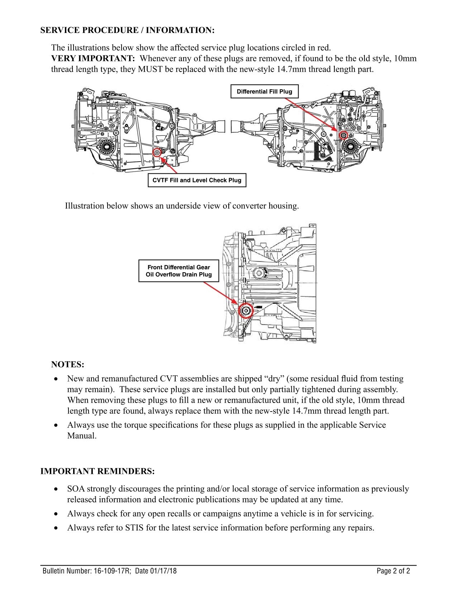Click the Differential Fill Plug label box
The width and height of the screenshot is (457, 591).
coord(264,92)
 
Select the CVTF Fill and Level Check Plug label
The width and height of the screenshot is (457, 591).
coord(197,180)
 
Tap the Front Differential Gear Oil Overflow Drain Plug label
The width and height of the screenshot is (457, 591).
coord(178,271)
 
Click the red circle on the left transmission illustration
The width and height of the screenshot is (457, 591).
coord(157,153)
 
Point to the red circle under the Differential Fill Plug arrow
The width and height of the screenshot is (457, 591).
coord(343,135)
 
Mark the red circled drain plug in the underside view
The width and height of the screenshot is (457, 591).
coord(246,311)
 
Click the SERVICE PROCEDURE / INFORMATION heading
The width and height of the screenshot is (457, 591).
coord(127,30)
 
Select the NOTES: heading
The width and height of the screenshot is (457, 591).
coord(68,365)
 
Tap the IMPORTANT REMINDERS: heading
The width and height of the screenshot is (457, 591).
coord(97,471)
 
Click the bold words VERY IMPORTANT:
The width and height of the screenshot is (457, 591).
coord(93,58)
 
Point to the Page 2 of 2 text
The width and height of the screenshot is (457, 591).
coord(393,571)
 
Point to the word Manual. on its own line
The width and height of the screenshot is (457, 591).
coord(82,436)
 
